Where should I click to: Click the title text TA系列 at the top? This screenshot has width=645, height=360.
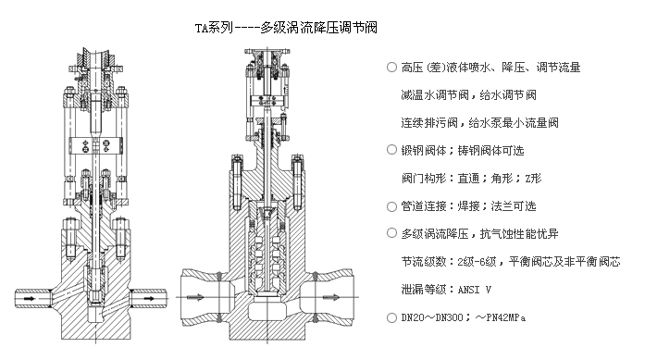pyautogui.click(x=214, y=28)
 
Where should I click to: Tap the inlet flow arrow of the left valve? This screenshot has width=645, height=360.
pyautogui.click(x=30, y=298)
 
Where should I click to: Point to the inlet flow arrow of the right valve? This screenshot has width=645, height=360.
pyautogui.click(x=195, y=297)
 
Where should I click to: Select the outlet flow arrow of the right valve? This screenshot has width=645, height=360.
pyautogui.click(x=331, y=297)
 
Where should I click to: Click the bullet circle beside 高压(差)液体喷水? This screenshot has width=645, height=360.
pyautogui.click(x=391, y=67)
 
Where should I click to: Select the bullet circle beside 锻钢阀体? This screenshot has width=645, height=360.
pyautogui.click(x=391, y=150)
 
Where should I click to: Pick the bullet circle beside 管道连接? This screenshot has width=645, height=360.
pyautogui.click(x=391, y=206)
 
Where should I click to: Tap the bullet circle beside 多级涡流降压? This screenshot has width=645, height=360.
pyautogui.click(x=391, y=233)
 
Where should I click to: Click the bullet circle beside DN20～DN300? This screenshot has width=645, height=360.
pyautogui.click(x=391, y=317)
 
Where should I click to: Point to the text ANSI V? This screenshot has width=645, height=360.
pyautogui.click(x=475, y=290)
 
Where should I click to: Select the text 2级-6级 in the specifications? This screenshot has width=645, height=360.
pyautogui.click(x=477, y=262)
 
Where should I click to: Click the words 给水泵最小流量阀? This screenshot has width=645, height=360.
pyautogui.click(x=514, y=123)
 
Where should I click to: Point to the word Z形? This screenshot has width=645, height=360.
pyautogui.click(x=533, y=179)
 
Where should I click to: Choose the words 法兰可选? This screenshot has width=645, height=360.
pyautogui.click(x=514, y=206)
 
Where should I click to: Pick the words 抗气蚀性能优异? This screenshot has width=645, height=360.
pyautogui.click(x=519, y=234)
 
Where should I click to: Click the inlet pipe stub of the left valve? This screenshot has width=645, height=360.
pyautogui.click(x=32, y=298)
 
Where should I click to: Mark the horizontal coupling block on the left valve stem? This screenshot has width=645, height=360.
pyautogui.click(x=96, y=145)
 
